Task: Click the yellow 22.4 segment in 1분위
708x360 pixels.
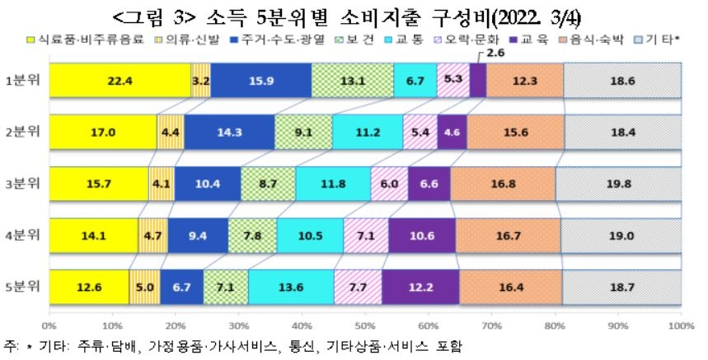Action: (x=119, y=80)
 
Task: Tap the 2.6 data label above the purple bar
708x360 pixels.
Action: (x=495, y=54)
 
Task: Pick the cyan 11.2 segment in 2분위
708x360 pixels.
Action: (x=367, y=132)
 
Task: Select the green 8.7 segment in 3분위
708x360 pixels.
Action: (x=268, y=184)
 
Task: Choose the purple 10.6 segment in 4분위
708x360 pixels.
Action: (x=421, y=236)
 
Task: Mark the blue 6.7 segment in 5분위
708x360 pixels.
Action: (x=181, y=287)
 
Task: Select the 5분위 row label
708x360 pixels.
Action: (x=23, y=287)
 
